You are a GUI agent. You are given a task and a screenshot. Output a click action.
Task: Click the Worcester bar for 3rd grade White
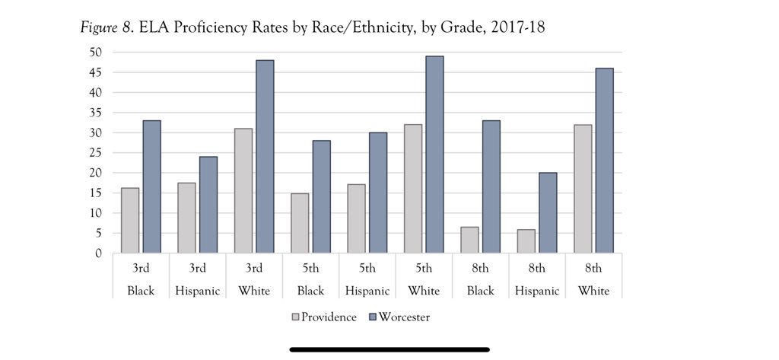point(265,157)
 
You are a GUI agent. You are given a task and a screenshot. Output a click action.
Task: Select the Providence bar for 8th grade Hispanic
point(526,241)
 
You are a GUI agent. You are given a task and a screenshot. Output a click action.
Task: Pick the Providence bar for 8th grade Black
point(469,240)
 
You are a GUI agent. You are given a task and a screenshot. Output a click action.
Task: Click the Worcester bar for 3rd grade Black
point(151,186)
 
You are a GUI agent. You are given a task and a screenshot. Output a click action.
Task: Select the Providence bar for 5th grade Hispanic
point(356,218)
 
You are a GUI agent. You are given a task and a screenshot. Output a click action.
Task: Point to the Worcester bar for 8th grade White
point(604,161)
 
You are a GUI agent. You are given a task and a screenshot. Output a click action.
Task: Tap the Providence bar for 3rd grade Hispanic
point(186,218)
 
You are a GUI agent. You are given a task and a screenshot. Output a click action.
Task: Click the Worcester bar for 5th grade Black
point(321,196)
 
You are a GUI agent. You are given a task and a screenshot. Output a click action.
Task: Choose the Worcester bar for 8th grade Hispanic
point(548,213)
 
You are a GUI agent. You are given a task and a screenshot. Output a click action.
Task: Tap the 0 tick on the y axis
point(99,253)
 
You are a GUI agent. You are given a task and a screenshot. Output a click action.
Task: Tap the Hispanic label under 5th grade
point(367,291)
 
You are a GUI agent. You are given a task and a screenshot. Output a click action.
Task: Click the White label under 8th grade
point(593,291)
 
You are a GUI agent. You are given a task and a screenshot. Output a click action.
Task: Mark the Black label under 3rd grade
point(140,291)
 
